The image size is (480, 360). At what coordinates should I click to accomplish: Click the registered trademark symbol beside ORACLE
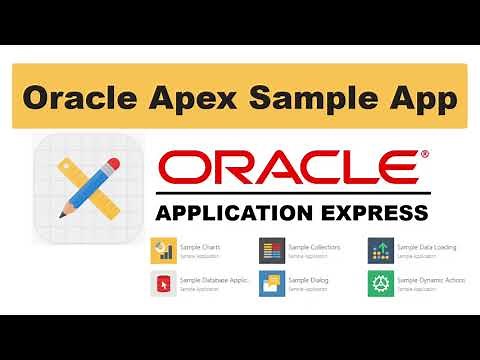[425, 154]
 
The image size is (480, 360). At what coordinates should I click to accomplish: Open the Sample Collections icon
[271, 249]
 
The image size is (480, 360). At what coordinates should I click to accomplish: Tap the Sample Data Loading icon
[379, 249]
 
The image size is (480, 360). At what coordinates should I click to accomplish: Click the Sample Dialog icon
[271, 283]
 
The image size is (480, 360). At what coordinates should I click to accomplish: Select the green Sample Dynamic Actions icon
[379, 283]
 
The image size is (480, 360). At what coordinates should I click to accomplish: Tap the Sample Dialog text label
[306, 280]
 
